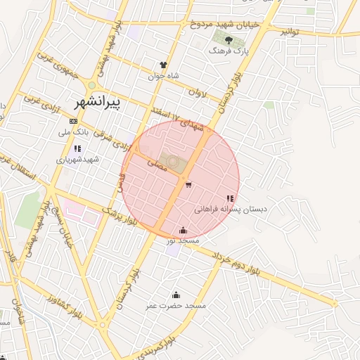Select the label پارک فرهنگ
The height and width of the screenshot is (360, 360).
tap(229, 51)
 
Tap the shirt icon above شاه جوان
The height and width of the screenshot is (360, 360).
tap(163, 65)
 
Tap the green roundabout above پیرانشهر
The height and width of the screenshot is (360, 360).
tap(91, 85)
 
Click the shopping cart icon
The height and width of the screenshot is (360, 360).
tap(188, 185)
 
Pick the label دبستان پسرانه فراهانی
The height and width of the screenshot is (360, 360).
tap(226, 210)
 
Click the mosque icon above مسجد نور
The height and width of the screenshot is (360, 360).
tap(184, 230)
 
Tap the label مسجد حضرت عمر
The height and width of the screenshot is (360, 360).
tap(176, 306)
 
